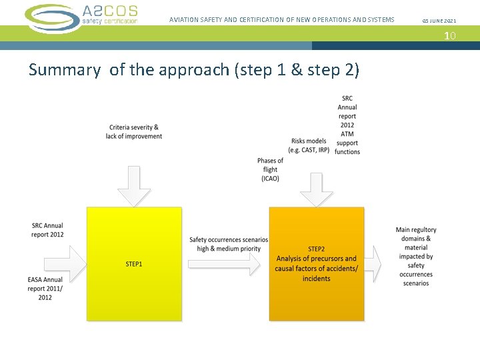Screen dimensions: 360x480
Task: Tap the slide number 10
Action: coord(450,35)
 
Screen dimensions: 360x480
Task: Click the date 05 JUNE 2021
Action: coord(439,21)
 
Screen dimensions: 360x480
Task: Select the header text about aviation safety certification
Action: coord(281,20)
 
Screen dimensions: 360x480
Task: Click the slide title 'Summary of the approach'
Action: coord(194,69)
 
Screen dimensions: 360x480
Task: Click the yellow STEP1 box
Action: coord(134,264)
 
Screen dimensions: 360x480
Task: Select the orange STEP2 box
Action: coord(316,264)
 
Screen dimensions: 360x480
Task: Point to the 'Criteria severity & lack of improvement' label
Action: coord(133,131)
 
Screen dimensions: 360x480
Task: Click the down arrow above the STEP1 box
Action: coord(134,185)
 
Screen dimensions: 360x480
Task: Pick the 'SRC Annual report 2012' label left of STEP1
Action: coord(47,230)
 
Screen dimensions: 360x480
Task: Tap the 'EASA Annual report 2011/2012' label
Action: coord(45,288)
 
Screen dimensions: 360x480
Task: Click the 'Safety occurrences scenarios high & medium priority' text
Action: coord(229,244)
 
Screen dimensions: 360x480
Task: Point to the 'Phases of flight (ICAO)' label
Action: coord(270,169)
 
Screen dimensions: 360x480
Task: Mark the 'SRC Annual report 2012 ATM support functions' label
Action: coord(347,125)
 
